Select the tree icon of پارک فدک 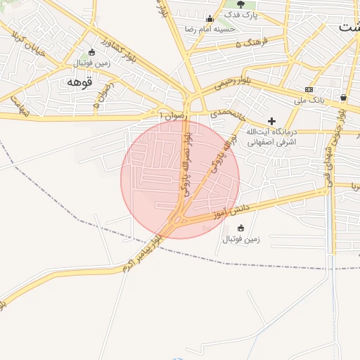[240, 4]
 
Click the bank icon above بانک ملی [309, 89]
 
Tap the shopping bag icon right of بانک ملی [343, 97]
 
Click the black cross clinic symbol [271, 121]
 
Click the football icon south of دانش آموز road [241, 228]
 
